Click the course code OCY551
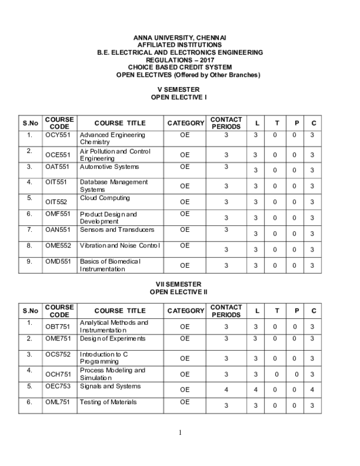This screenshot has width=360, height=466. pyautogui.click(x=58, y=136)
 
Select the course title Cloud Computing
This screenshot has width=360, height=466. pyautogui.click(x=104, y=198)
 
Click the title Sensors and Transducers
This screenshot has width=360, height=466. pyautogui.click(x=116, y=230)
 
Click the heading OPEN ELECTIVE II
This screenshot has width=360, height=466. pyautogui.click(x=178, y=291)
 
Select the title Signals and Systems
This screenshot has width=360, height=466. pyautogui.click(x=110, y=386)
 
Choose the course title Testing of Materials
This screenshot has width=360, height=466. pyautogui.click(x=107, y=402)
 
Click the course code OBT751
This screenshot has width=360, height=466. pyautogui.click(x=58, y=327)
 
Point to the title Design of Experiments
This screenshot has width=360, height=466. pyautogui.click(x=112, y=339)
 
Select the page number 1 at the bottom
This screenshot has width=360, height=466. pyautogui.click(x=179, y=432)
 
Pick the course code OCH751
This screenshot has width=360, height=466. pyautogui.click(x=58, y=374)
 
